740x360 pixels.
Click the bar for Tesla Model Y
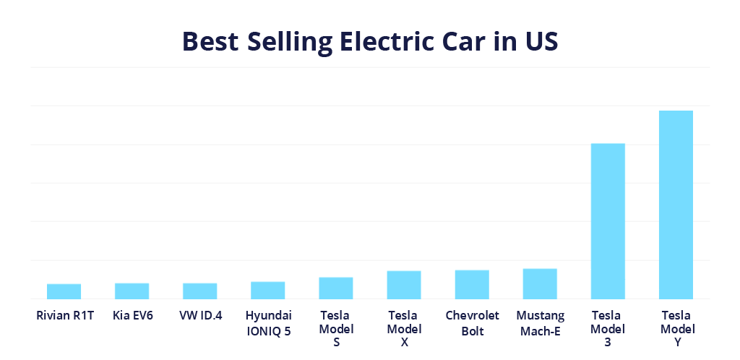[676, 205]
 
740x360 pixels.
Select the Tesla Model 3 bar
[608, 220]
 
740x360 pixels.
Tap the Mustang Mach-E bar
[540, 283]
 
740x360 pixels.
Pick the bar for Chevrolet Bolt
[472, 284]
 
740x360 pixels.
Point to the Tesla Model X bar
[404, 284]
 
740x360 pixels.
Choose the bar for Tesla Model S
[336, 288]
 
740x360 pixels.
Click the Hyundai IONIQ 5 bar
[268, 290]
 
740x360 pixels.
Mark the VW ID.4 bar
[199, 291]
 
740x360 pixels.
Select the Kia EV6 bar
[132, 291]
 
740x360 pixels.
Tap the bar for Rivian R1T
[64, 291]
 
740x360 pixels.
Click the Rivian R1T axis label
[65, 316]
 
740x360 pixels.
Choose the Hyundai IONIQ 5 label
[268, 323]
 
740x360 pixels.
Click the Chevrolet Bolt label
[472, 323]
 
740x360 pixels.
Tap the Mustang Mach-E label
[540, 323]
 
